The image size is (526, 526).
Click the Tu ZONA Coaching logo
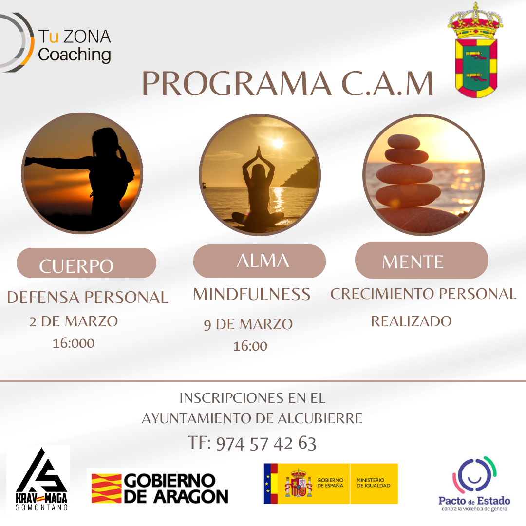[56, 42]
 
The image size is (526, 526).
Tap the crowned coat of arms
[475, 50]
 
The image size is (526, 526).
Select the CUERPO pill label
[86, 263]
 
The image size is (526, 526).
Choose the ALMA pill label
[259, 261]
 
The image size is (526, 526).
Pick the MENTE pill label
[421, 260]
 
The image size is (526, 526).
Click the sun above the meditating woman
[278, 143]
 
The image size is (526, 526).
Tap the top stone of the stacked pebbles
[404, 142]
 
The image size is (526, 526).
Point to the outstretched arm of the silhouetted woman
[59, 163]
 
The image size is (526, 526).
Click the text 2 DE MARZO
[74, 321]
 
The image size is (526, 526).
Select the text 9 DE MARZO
[248, 324]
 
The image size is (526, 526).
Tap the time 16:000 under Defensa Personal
[74, 343]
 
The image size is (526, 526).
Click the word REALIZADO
[411, 321]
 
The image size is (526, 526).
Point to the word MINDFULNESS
[252, 294]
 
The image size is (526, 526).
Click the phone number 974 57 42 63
[266, 444]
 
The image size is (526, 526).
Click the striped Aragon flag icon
[106, 488]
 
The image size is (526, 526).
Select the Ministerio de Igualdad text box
[374, 484]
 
